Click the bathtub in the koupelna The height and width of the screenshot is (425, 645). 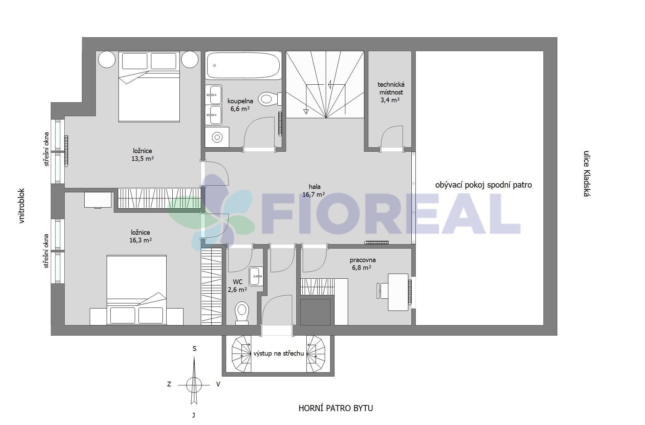pos(243,65)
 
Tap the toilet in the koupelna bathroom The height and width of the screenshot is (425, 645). pos(270,99)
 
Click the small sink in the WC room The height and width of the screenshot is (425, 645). pos(256,276)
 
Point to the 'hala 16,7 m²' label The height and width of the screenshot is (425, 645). pos(314,190)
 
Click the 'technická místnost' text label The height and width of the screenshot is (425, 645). pos(391,88)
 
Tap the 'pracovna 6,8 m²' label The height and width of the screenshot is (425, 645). pos(362,264)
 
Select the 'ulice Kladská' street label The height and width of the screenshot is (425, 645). pos(586,173)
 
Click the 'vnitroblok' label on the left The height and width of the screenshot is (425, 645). pos(22,206)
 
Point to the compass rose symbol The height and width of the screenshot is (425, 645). pos(194,384)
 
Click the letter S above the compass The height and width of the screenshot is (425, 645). pos(194,348)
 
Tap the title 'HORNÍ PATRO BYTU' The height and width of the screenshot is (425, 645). pos(336,408)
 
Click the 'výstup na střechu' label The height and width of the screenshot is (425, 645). pos(279,354)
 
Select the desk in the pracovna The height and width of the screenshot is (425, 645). pos(398,292)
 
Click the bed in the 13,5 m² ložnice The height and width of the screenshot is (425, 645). pos(149,87)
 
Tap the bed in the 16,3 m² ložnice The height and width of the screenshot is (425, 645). pos(136,290)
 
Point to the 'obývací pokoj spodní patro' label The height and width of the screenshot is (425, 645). pos(483,185)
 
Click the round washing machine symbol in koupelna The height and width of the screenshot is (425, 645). pos(217,137)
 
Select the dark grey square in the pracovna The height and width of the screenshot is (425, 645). pos(315,312)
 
